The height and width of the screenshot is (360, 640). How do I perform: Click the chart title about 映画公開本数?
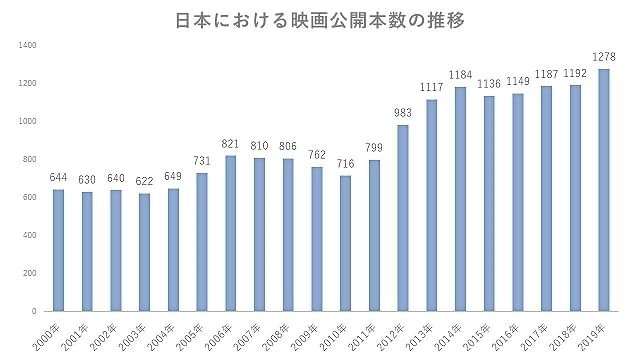click(x=320, y=19)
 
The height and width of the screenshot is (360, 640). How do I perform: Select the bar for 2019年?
click(x=604, y=190)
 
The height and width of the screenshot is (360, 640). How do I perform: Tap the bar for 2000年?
click(x=58, y=250)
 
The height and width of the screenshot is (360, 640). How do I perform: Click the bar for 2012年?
click(x=403, y=218)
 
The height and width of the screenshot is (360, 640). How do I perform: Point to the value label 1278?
click(x=604, y=58)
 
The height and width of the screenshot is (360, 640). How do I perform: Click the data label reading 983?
click(x=403, y=114)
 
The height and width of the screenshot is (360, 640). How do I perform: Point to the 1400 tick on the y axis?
click(x=27, y=45)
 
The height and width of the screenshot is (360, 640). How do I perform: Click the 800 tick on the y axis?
click(x=29, y=159)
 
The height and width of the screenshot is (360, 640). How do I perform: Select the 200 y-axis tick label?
click(x=29, y=273)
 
